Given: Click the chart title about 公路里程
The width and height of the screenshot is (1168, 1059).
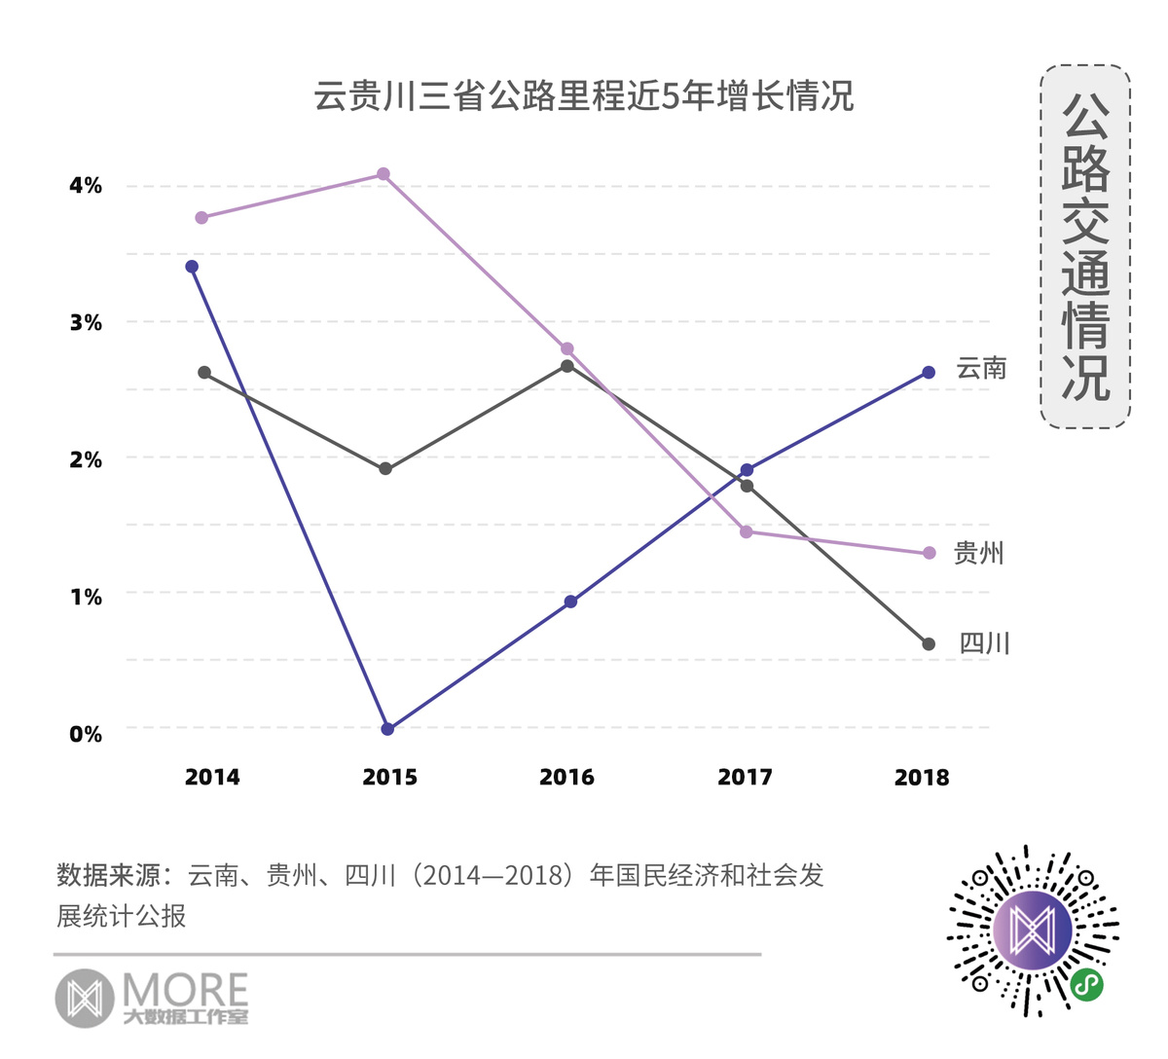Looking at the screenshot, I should point(583,96).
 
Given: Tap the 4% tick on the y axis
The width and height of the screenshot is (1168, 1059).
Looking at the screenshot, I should point(86,185).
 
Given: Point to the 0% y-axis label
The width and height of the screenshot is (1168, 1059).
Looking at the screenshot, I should point(86,734).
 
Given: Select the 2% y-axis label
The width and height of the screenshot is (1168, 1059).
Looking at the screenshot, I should point(86,459).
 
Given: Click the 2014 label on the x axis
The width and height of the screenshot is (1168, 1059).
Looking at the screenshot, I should point(212,777).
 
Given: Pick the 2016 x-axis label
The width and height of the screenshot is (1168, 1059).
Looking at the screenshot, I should point(566,777).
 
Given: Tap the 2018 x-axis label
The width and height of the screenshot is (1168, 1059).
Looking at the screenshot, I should point(922,777).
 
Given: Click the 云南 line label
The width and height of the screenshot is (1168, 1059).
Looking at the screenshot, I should point(981,368).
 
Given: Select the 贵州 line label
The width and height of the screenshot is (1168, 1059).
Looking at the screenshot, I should point(978,553).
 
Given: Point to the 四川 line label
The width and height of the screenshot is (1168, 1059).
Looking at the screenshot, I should point(984,643).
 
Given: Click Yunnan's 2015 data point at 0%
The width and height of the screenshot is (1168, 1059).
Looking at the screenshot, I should point(387,728).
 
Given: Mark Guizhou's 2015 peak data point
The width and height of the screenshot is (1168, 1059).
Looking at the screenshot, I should point(383,174).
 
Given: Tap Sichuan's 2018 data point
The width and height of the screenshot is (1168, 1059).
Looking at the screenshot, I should point(929,644).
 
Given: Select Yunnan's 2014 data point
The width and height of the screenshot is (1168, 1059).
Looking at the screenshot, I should point(192,267).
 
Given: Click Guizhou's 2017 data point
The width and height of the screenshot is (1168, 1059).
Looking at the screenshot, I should point(747,531).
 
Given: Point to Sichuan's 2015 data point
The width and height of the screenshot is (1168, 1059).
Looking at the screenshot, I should point(385,469).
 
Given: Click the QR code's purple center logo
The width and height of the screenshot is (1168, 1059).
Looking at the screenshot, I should point(1033,931).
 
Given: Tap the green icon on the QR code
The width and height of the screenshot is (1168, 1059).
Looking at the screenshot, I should point(1086,985).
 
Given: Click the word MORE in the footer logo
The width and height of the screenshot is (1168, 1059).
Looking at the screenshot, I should point(185,991).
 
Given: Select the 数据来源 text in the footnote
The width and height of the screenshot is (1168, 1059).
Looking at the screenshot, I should point(107,875).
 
